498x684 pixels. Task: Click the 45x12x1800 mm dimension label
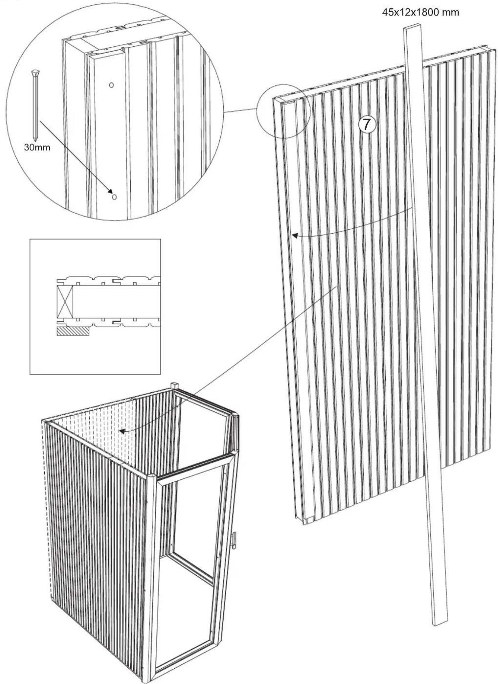pos(420,13)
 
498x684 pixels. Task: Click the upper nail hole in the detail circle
pos(111,85)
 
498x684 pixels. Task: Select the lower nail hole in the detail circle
pos(114,197)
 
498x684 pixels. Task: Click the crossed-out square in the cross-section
pos(65,301)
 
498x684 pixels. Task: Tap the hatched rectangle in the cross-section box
pos(73,331)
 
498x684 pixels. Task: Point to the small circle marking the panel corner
pos(283,111)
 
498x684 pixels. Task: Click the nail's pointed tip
pos(35,140)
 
